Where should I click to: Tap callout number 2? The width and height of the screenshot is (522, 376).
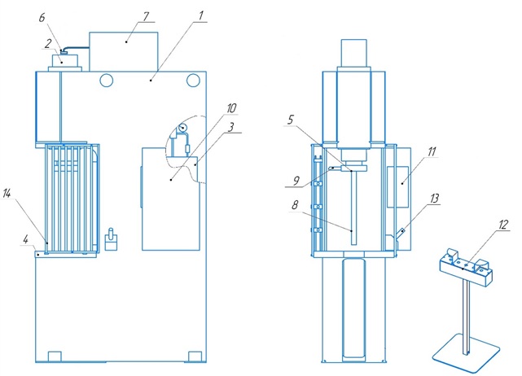point(50,44)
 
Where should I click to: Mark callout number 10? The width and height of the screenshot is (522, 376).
point(232,107)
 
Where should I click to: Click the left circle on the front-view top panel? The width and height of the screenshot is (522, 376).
point(107,80)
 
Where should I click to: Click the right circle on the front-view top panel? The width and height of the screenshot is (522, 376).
point(192,80)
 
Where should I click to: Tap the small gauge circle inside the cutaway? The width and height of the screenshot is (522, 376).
point(183,129)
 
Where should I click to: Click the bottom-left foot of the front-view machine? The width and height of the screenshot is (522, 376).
point(55,356)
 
